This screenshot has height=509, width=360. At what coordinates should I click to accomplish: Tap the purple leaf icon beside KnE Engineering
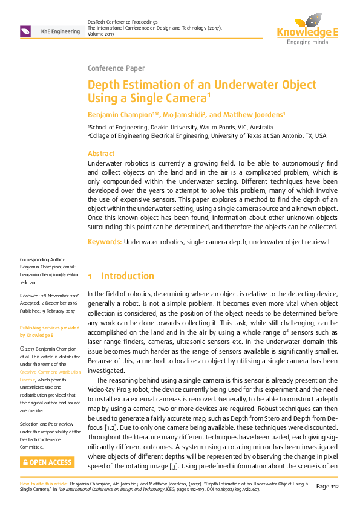25,31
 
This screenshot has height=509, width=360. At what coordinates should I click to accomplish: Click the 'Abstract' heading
101,154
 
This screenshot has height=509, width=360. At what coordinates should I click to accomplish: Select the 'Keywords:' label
105,242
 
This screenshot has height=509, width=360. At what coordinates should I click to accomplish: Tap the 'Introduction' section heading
128,276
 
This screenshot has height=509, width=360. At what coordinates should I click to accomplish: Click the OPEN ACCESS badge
47,463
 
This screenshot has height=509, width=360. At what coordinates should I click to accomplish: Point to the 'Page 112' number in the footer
330,487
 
